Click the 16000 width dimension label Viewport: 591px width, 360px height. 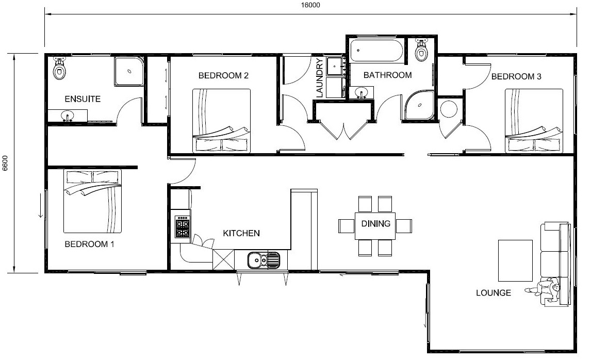pyautogui.click(x=310, y=5)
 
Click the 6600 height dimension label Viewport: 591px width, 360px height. pyautogui.click(x=5, y=163)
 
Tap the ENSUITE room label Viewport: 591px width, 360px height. pyautogui.click(x=83, y=99)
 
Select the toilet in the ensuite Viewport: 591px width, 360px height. pyautogui.click(x=59, y=68)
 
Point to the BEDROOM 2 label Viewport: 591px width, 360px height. pyautogui.click(x=223, y=75)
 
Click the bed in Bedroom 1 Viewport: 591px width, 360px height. pyautogui.click(x=92, y=201)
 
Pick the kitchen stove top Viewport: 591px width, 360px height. pyautogui.click(x=183, y=226)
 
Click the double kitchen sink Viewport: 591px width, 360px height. pyautogui.click(x=264, y=260)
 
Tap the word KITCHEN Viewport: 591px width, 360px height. pyautogui.click(x=241, y=233)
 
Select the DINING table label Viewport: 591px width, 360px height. pyautogui.click(x=376, y=224)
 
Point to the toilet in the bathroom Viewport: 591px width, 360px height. pyautogui.click(x=421, y=50)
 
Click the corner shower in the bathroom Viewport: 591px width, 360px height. pyautogui.click(x=419, y=105)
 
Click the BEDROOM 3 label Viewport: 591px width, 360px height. pyautogui.click(x=516, y=76)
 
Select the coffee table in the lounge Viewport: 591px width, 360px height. pyautogui.click(x=515, y=261)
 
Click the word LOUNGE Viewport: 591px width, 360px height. pyautogui.click(x=494, y=293)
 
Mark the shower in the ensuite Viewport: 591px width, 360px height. pyautogui.click(x=129, y=71)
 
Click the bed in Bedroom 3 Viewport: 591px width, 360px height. pyautogui.click(x=534, y=121)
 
